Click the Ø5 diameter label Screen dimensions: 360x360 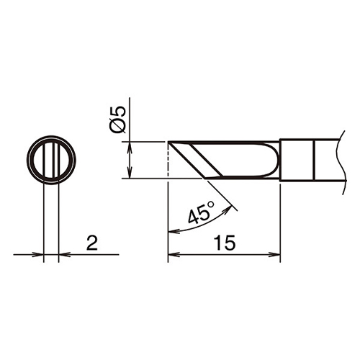[117, 120]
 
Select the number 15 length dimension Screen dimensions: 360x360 [225, 243]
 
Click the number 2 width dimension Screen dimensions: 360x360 [92, 243]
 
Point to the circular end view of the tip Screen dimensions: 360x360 [51, 160]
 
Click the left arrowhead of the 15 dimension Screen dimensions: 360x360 [174, 255]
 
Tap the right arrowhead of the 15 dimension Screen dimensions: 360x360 [274, 255]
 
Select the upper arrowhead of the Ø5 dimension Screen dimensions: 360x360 [130, 148]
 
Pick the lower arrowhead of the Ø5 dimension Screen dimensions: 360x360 [130, 173]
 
